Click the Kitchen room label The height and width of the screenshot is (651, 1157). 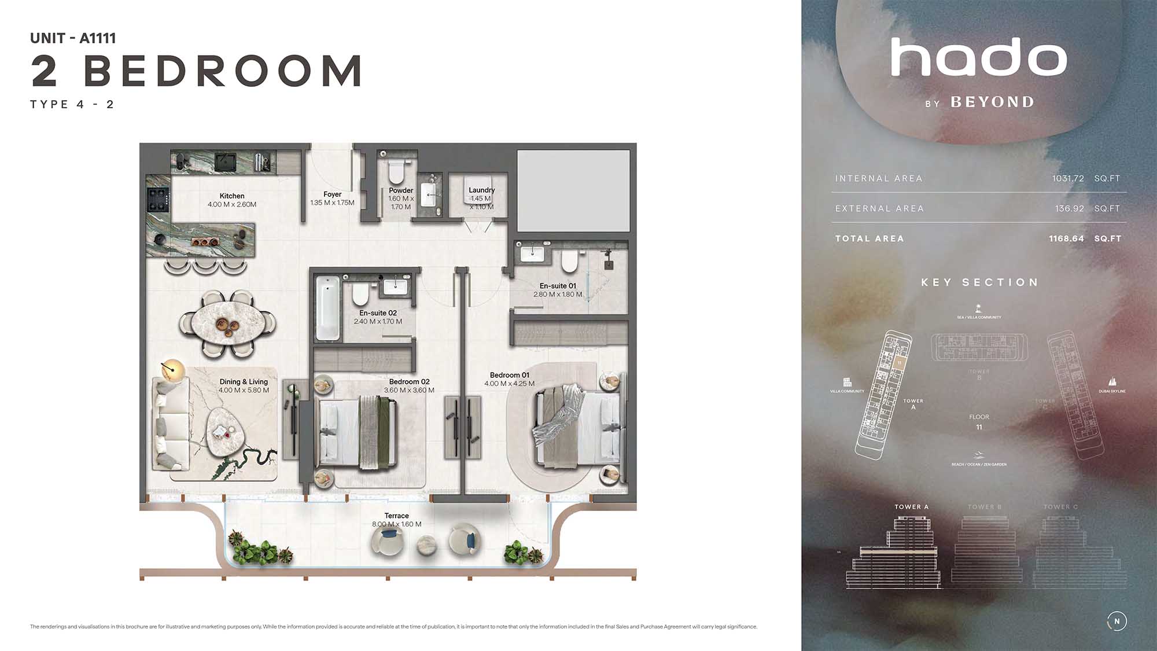[x=232, y=196]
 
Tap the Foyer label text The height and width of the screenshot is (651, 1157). [x=332, y=194]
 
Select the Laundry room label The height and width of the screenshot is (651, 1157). [x=481, y=190]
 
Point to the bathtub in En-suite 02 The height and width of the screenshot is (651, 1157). [x=327, y=308]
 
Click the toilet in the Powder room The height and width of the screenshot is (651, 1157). [x=397, y=171]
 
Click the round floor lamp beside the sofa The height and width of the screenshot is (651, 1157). [x=172, y=369]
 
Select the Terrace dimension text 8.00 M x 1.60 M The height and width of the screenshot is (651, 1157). [x=396, y=524]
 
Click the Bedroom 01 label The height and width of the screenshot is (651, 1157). [x=509, y=375]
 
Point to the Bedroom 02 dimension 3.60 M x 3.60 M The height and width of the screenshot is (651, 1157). [x=409, y=391]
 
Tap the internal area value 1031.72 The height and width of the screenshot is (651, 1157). [x=1068, y=179]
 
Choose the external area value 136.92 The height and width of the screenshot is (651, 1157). [x=1069, y=209]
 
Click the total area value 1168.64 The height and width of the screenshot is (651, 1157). [x=1066, y=239]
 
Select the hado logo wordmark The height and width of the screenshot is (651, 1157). [x=978, y=57]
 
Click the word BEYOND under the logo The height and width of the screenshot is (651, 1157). [x=992, y=102]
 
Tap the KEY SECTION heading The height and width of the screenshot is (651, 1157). [x=979, y=282]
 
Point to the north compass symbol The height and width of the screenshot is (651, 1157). [x=1117, y=621]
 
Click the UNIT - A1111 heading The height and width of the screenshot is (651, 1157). [x=73, y=38]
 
